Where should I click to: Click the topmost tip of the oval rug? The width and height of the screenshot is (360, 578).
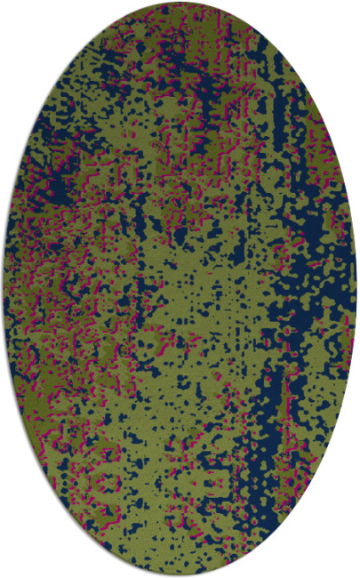180,3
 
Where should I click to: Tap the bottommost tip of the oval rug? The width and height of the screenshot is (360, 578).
180,575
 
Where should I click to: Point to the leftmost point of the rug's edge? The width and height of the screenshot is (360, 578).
3,289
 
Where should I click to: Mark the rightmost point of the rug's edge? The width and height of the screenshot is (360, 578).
356,289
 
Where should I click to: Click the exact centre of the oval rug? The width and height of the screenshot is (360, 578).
180,289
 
